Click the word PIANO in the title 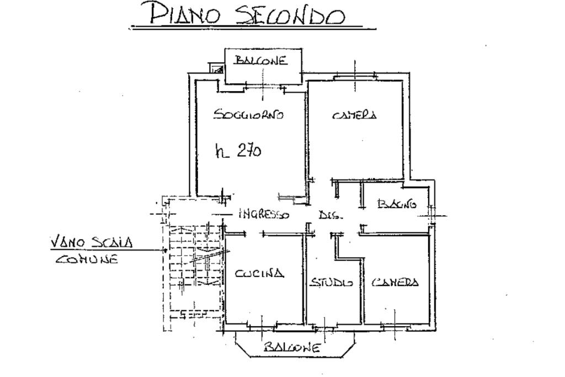[184, 14]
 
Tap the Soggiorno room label [249, 115]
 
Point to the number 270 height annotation [249, 150]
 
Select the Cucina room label [259, 273]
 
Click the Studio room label [332, 282]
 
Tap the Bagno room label [397, 204]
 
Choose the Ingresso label [264, 215]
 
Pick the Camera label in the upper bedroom [355, 115]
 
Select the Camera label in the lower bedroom [395, 282]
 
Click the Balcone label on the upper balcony [261, 60]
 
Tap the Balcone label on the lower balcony [292, 347]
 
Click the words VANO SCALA [91, 242]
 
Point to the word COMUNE [87, 259]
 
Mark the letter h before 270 [221, 151]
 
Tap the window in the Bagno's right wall [431, 215]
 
